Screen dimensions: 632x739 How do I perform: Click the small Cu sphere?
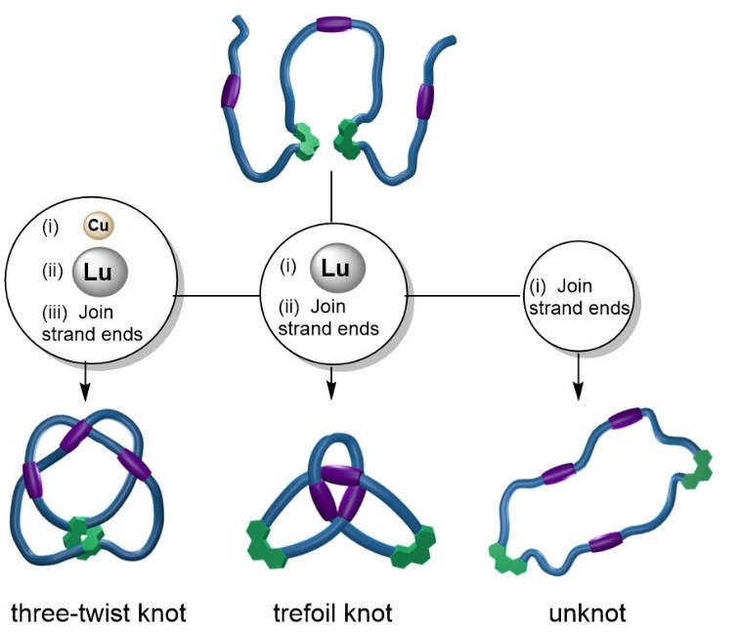coord(98,227)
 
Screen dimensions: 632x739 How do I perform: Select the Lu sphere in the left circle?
coord(100,270)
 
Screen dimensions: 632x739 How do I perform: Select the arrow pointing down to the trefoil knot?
coord(331,381)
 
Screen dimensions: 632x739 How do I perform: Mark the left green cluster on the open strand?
coord(307,141)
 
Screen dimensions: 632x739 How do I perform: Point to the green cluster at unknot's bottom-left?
coord(510,560)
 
